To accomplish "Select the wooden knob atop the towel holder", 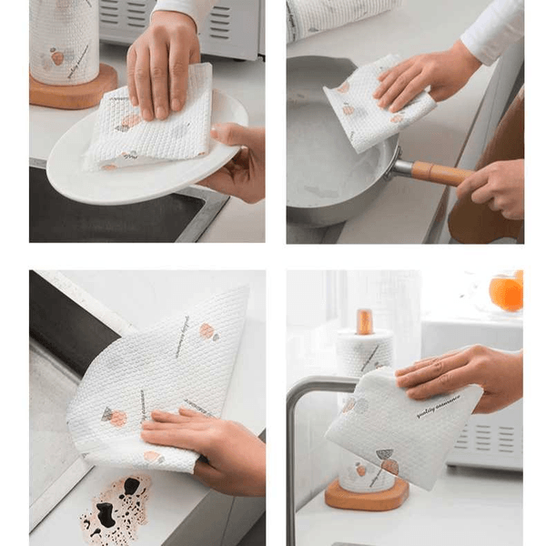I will click(x=364, y=320).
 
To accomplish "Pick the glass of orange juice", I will click(x=506, y=291).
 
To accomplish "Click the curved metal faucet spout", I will click(x=305, y=400).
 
